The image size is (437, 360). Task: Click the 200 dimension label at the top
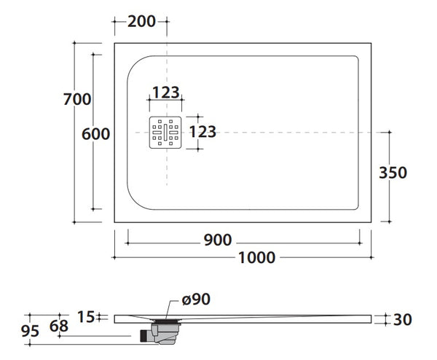coord(141,21)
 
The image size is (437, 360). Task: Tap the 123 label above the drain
coord(165,93)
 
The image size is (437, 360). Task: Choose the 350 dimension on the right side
coord(393,173)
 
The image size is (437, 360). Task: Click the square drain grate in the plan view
coord(165,132)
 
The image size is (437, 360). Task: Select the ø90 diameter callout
coord(197,299)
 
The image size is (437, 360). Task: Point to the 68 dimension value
coord(60,326)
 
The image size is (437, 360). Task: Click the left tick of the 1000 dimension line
coord(114,257)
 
